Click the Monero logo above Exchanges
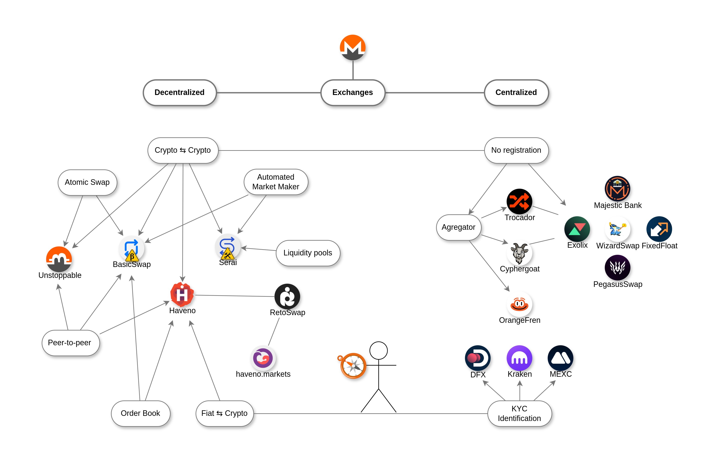pyautogui.click(x=353, y=47)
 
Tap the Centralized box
pyautogui.click(x=516, y=92)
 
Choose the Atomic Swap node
pyautogui.click(x=87, y=182)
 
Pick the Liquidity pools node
pyautogui.click(x=308, y=253)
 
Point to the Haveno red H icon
pyautogui.click(x=182, y=294)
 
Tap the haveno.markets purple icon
pyautogui.click(x=263, y=358)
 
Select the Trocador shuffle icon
pyautogui.click(x=519, y=201)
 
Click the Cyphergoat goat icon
pyautogui.click(x=519, y=253)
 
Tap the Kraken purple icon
pyautogui.click(x=519, y=358)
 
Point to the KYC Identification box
pyautogui.click(x=519, y=413)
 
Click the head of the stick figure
pyautogui.click(x=378, y=350)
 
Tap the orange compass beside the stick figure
pyautogui.click(x=353, y=365)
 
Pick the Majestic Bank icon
pyautogui.click(x=617, y=189)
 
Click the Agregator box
pyautogui.click(x=458, y=227)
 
